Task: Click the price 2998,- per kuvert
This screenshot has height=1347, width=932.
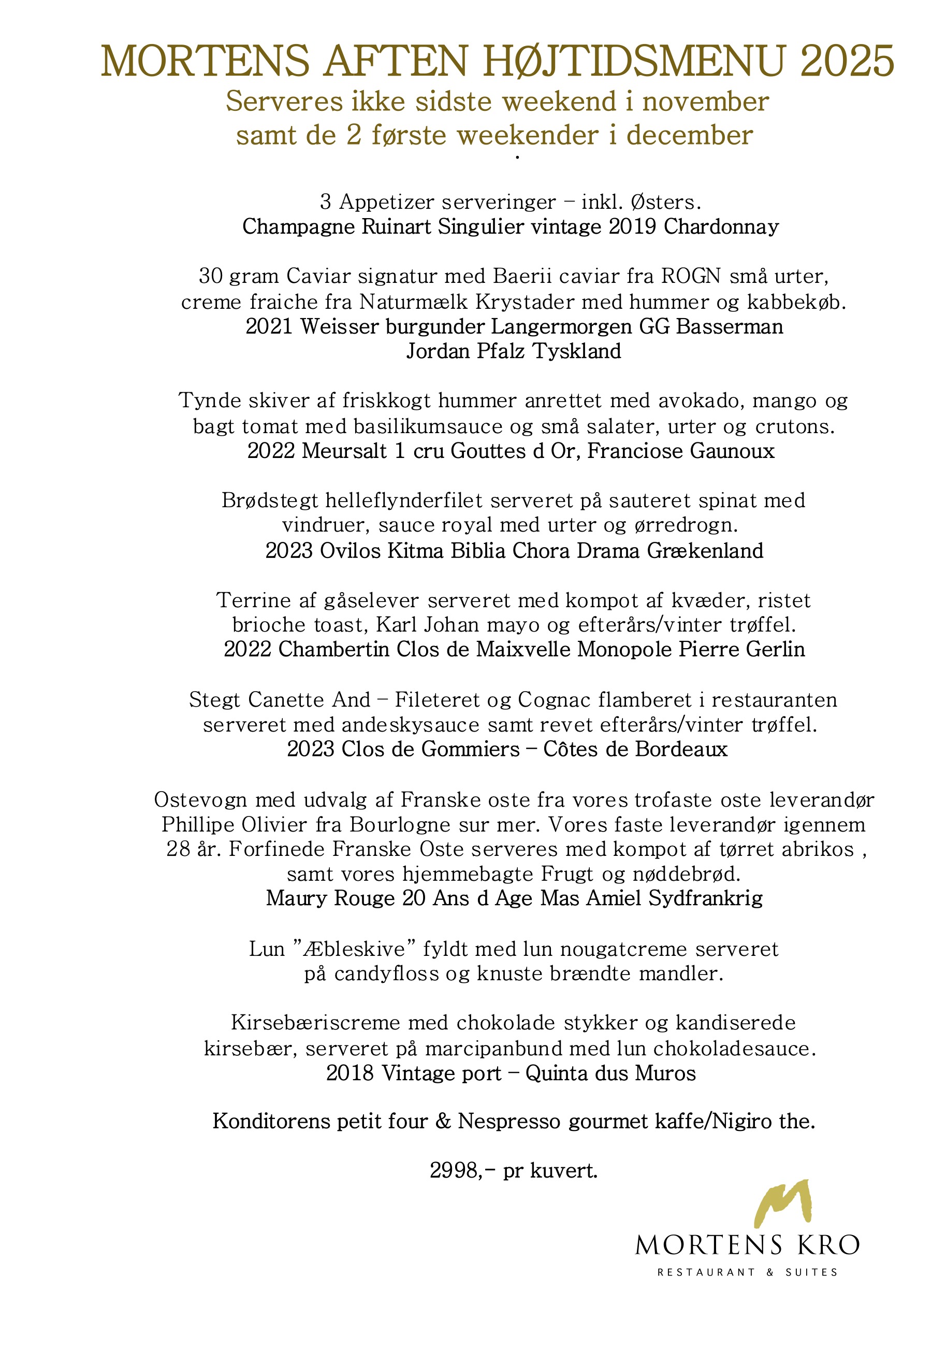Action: tap(513, 1171)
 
